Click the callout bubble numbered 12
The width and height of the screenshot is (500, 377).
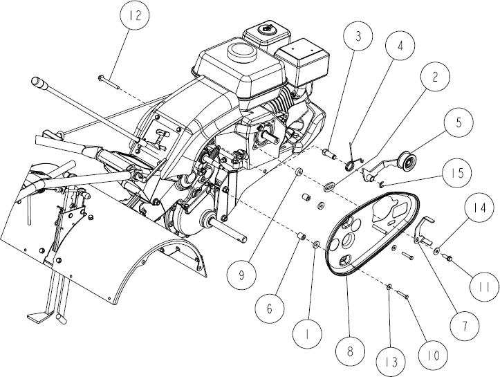click(x=136, y=15)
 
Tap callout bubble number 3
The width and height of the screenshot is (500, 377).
click(x=358, y=36)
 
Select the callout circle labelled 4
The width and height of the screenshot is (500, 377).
click(x=400, y=45)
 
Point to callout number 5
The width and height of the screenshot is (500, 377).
click(x=459, y=122)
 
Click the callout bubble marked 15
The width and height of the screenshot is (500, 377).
click(x=457, y=173)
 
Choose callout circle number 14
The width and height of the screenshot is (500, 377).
click(x=479, y=208)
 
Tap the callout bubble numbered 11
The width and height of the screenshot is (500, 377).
click(x=485, y=287)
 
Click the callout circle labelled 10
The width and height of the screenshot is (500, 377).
click(x=433, y=355)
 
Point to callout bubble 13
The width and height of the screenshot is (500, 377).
click(x=391, y=362)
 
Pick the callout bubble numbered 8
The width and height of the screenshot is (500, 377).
click(x=350, y=351)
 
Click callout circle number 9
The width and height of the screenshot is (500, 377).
click(x=241, y=275)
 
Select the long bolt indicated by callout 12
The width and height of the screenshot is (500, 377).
click(x=109, y=82)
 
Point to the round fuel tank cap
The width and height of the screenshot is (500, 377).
click(x=242, y=51)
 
